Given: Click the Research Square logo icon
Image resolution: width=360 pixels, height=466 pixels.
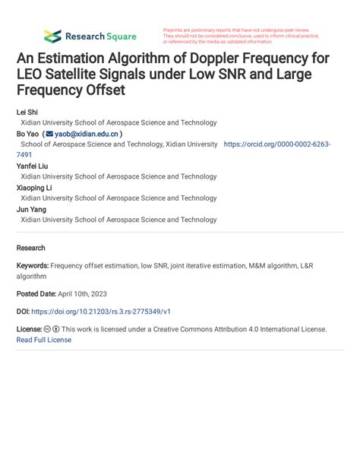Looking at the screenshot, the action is click(52, 36).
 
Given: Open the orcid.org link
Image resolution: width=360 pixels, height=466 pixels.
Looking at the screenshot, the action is click(276, 144).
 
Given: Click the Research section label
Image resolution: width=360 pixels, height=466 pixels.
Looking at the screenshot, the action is click(30, 248).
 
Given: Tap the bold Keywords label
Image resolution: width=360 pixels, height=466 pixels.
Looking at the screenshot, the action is click(33, 267).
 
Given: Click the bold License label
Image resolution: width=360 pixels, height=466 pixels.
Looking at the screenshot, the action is click(29, 329).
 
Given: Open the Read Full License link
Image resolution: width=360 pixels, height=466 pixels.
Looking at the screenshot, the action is click(44, 340).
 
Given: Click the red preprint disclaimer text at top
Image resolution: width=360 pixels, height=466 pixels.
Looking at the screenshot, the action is click(240, 35).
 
